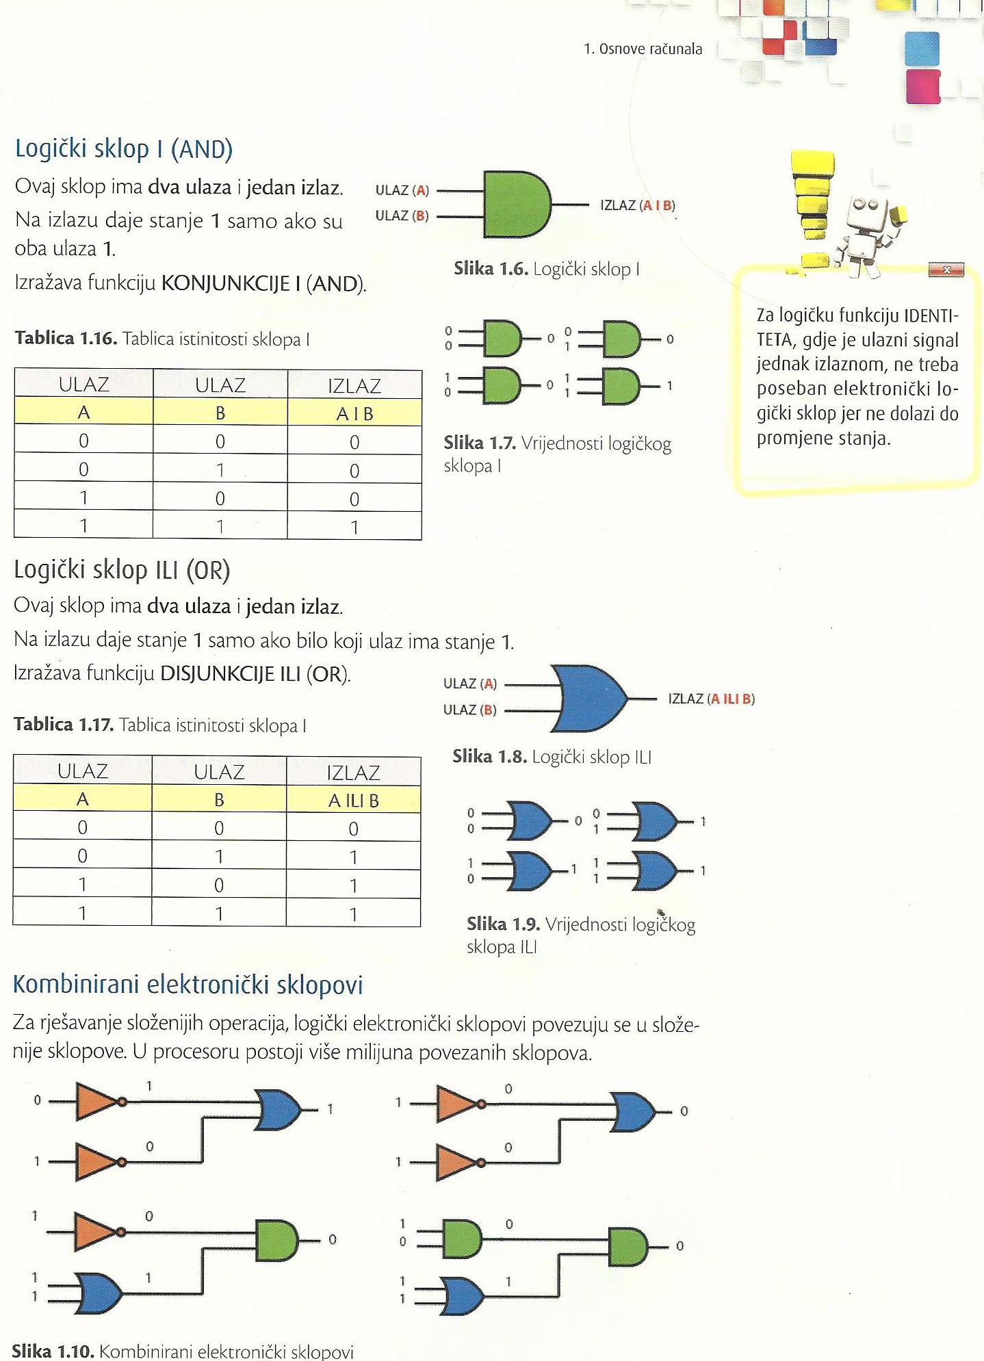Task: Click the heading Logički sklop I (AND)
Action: pyautogui.click(x=124, y=148)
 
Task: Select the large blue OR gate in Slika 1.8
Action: pyautogui.click(x=590, y=698)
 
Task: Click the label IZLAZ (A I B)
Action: pyautogui.click(x=638, y=205)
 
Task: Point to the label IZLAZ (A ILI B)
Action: pyautogui.click(x=711, y=699)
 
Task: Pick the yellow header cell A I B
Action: pyautogui.click(x=354, y=413)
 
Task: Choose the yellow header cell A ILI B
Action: pyautogui.click(x=353, y=800)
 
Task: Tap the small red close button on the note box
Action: pyautogui.click(x=946, y=270)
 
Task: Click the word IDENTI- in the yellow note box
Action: pyautogui.click(x=931, y=316)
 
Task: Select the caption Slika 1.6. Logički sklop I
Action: pyautogui.click(x=547, y=269)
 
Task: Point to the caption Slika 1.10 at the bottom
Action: pyautogui.click(x=183, y=1351)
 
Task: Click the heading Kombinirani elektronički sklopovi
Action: pyautogui.click(x=187, y=984)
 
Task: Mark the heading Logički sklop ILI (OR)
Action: pyautogui.click(x=122, y=569)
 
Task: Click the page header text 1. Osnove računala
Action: pyautogui.click(x=643, y=49)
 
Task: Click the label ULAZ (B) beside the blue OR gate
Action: pyautogui.click(x=469, y=710)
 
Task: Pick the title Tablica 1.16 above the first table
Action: pyautogui.click(x=162, y=339)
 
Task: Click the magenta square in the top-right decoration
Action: pyautogui.click(x=922, y=86)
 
